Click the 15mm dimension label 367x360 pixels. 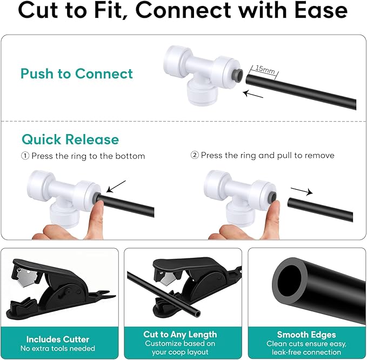click(265, 69)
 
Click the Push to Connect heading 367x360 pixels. click(77, 74)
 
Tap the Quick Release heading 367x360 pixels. click(70, 139)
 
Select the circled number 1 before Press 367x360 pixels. click(25, 156)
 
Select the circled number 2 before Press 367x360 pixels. click(195, 155)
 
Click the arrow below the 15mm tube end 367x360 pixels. click(253, 95)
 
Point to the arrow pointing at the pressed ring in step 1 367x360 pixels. click(116, 186)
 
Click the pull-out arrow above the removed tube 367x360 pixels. click(302, 191)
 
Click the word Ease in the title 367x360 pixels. click(321, 10)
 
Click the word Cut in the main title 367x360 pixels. click(38, 10)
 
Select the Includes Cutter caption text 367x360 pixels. click(58, 339)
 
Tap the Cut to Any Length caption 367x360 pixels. click(180, 334)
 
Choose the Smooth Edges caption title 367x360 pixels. click(306, 335)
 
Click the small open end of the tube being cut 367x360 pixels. click(197, 314)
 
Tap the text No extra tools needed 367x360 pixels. click(58, 348)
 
